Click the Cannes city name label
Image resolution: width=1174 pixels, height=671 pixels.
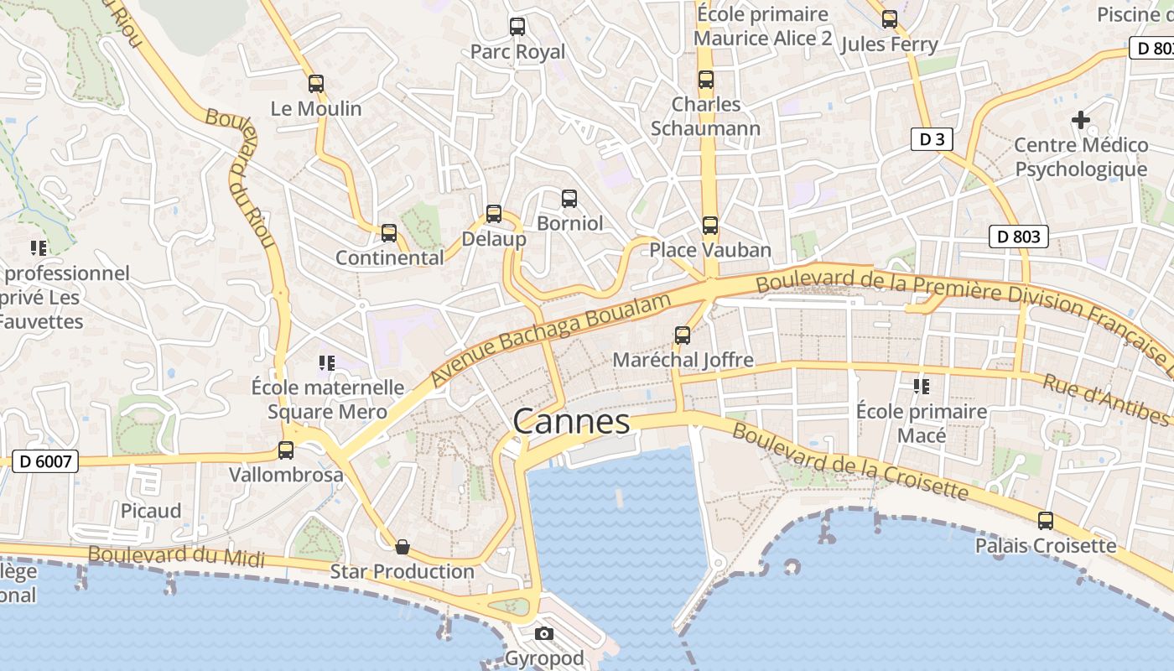571,421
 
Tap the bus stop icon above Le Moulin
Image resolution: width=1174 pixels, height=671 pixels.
316,84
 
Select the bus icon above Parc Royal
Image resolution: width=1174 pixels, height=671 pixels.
517,27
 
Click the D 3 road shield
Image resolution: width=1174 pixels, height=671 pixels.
932,139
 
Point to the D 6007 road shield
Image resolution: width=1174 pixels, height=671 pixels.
45,460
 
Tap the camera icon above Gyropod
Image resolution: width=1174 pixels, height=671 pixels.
544,633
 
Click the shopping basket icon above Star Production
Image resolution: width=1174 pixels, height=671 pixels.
403,548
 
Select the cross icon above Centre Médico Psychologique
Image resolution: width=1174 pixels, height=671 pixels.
1081,120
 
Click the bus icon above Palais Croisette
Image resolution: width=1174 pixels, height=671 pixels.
1046,521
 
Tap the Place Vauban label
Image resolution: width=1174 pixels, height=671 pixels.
710,250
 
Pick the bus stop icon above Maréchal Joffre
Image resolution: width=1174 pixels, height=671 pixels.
683,335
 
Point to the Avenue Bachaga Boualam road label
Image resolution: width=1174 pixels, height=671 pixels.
551,340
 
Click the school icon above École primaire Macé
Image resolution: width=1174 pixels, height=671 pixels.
922,387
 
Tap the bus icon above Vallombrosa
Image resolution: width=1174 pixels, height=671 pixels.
286,450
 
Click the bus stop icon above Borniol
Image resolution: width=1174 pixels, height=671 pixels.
569,199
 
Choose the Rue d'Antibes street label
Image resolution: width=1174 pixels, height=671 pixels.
1105,399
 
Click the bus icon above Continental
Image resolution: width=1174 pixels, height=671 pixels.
389,233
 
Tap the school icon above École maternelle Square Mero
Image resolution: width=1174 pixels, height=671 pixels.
327,363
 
